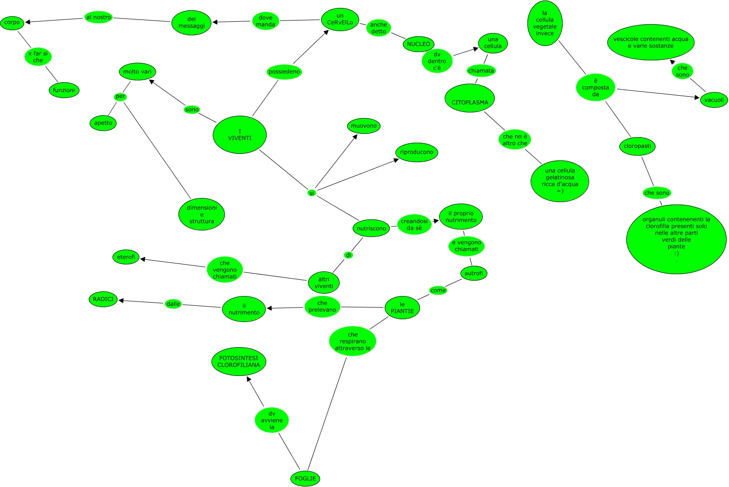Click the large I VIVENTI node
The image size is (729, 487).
(239, 135)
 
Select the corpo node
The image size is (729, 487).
(12, 22)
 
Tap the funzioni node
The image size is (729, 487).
(64, 90)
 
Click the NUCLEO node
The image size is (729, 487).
(418, 44)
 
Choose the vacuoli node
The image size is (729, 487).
(714, 100)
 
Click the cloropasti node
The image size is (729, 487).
(637, 146)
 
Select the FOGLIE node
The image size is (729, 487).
(305, 478)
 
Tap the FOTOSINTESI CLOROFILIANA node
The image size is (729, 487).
(239, 362)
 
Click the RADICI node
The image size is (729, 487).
(103, 299)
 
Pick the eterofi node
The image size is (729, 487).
(126, 257)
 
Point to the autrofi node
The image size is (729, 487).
(473, 273)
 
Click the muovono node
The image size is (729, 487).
(364, 126)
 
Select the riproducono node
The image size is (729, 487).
(417, 152)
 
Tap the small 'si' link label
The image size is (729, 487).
(312, 193)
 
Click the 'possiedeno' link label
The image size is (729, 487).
(284, 72)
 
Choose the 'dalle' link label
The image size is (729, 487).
(173, 304)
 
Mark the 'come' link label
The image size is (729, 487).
(438, 290)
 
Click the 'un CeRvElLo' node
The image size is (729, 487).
(340, 20)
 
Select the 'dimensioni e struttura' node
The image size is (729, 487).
(202, 214)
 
